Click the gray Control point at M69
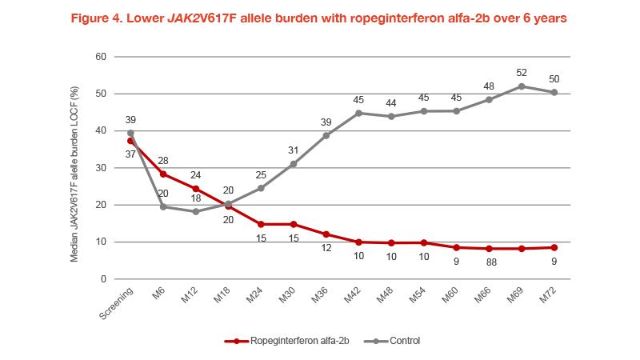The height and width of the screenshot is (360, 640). click(x=521, y=86)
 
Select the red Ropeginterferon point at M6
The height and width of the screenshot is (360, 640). click(x=163, y=174)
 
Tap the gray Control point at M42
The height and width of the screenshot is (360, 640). click(x=358, y=113)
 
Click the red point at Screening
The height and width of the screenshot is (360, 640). click(x=130, y=140)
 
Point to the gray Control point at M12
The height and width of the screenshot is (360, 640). click(x=195, y=211)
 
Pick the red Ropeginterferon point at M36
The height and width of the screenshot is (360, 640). click(x=326, y=234)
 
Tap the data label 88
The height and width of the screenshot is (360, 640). click(x=488, y=262)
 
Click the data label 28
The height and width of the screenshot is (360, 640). click(x=163, y=161)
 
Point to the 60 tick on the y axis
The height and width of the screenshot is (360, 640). click(x=100, y=57)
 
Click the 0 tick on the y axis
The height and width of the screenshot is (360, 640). click(x=103, y=278)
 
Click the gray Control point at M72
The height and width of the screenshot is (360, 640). click(x=554, y=92)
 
